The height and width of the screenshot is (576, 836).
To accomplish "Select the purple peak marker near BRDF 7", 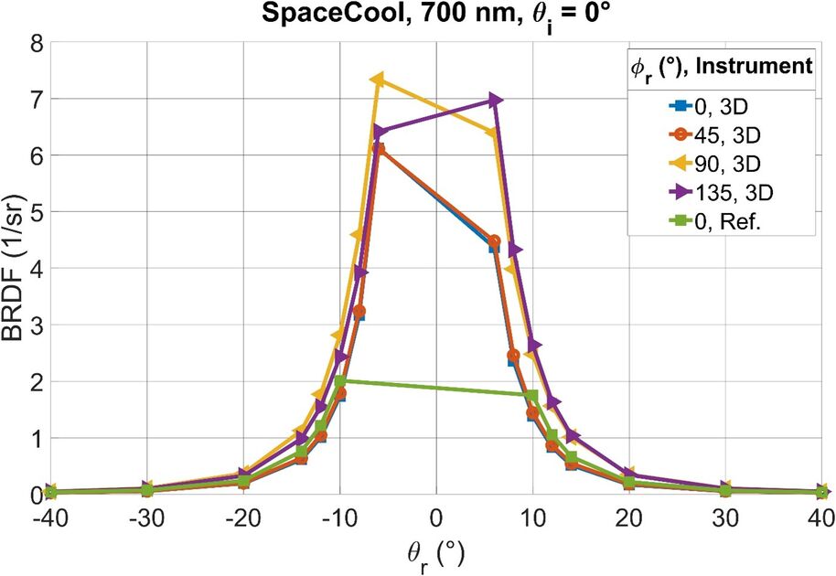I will [x=495, y=100].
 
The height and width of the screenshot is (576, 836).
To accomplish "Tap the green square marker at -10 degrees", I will [x=340, y=381].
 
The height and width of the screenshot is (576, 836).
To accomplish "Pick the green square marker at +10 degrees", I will [x=532, y=395].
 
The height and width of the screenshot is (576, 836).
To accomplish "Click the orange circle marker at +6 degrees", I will [x=494, y=241].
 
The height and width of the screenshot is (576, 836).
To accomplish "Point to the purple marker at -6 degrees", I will [x=379, y=132].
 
